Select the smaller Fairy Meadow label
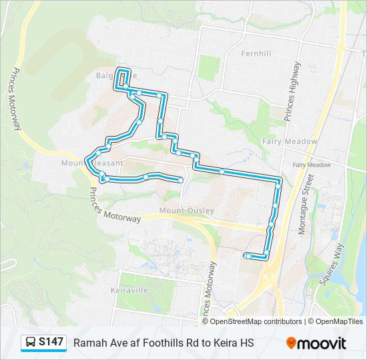coord(311,165)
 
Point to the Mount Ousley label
coord(187,211)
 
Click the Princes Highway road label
coord(292,91)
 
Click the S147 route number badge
coord(51,342)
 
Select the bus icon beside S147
coord(31,343)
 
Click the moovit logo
coord(316,343)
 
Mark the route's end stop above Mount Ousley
coord(181,180)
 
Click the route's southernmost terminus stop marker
coord(248,256)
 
